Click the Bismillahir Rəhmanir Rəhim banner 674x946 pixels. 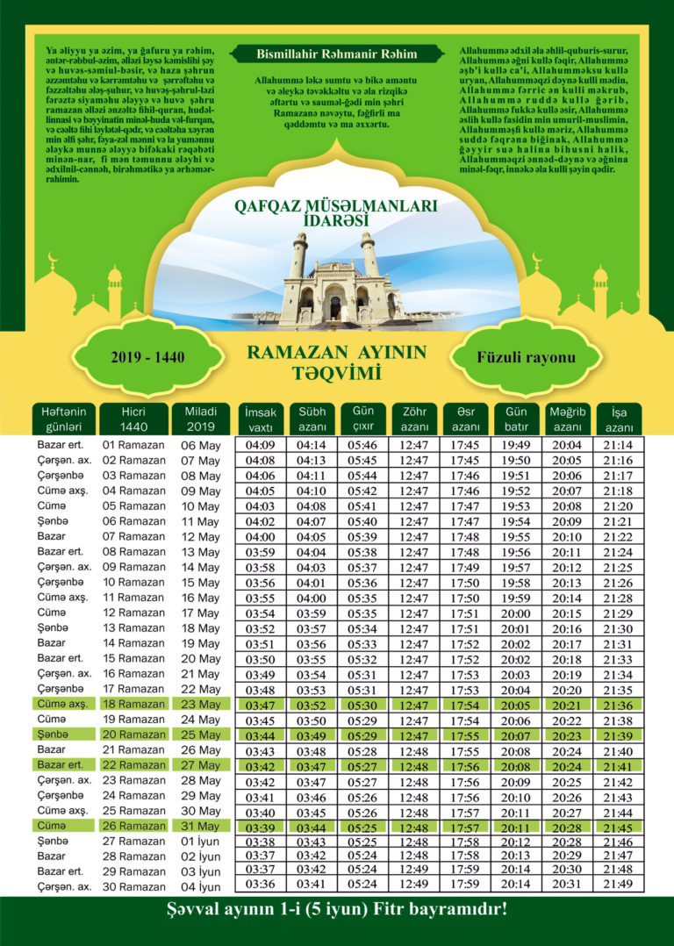click(x=337, y=54)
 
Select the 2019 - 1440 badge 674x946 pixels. click(x=147, y=358)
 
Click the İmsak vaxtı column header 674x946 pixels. click(x=261, y=418)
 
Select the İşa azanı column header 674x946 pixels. click(x=619, y=418)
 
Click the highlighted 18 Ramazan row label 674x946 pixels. click(x=133, y=704)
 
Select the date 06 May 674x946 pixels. click(x=200, y=445)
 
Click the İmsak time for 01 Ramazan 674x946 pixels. click(x=261, y=445)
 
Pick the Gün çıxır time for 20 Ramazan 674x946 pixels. click(x=362, y=735)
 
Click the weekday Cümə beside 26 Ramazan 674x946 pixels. click(x=53, y=826)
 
